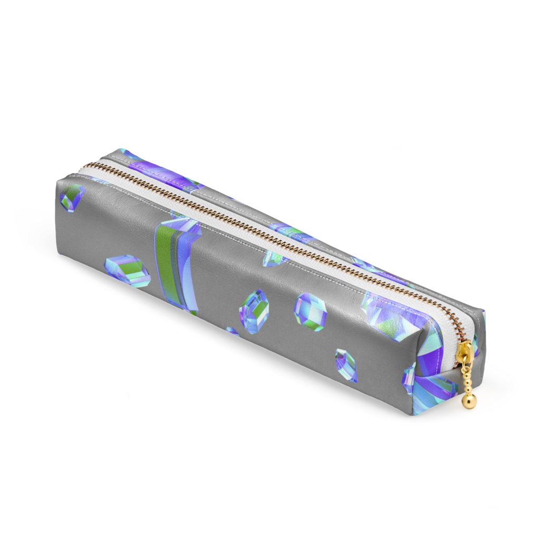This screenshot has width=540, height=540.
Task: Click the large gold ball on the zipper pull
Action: (x=469, y=401)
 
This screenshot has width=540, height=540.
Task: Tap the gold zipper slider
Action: (x=466, y=352)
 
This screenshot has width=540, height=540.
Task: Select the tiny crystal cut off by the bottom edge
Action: (x=232, y=331)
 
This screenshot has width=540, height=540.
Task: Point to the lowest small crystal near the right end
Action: (x=346, y=365)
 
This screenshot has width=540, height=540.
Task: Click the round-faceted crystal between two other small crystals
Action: (x=310, y=312)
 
